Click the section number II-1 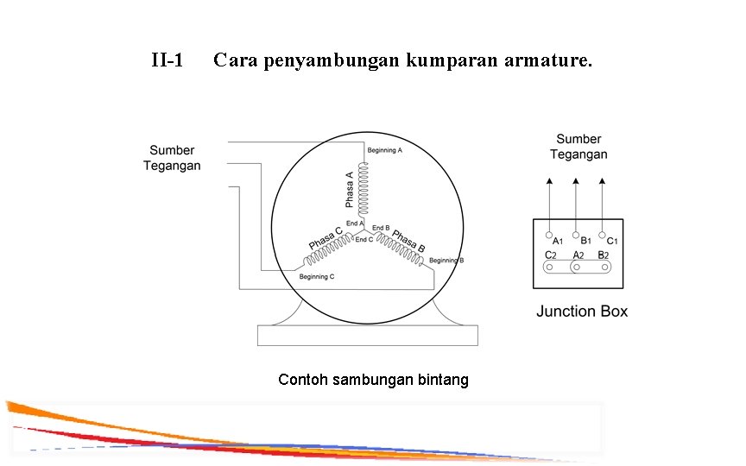(167, 61)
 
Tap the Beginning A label (385, 150)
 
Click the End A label (354, 224)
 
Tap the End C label (364, 239)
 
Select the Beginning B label (446, 261)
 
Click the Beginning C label (316, 276)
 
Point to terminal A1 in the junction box (548, 234)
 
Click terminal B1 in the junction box (575, 234)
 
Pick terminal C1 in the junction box (602, 234)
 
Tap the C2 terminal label (550, 255)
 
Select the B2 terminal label (604, 255)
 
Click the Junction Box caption (582, 311)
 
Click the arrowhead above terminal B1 (575, 181)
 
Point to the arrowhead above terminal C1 (602, 181)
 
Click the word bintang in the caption (444, 380)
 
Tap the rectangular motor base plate (367, 335)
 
